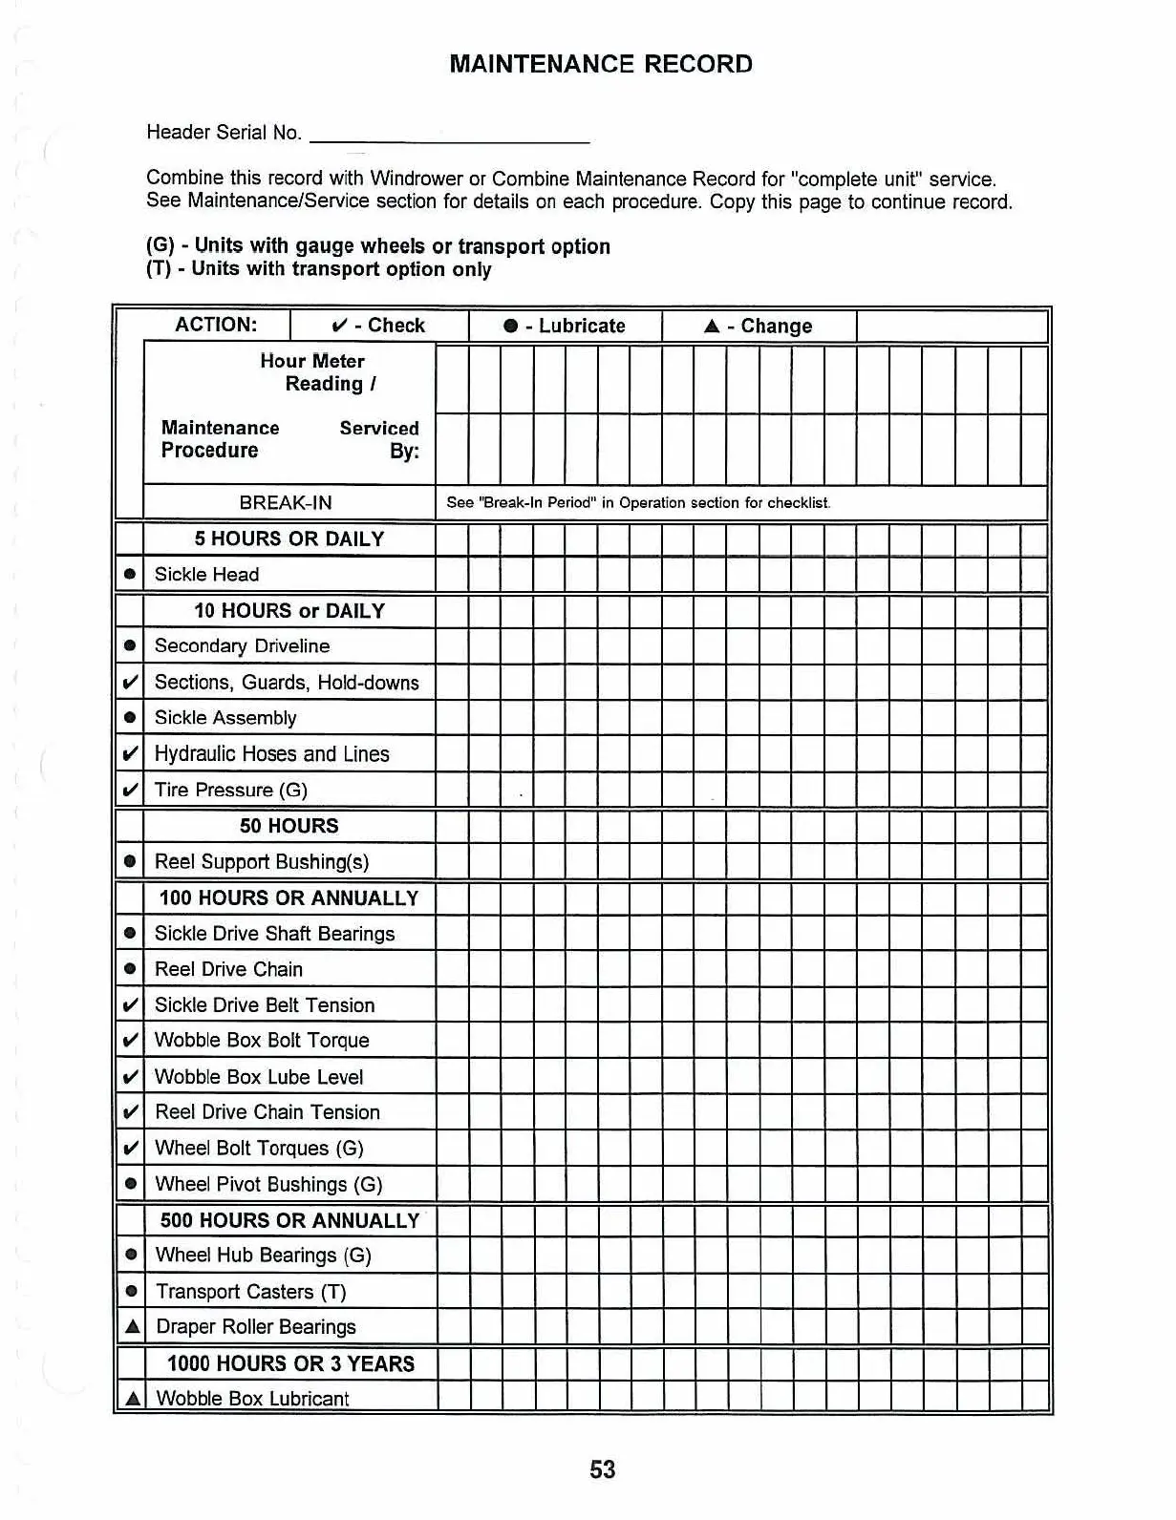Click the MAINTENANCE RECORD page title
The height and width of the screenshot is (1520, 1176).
[600, 64]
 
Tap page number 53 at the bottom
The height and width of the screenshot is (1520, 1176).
[602, 1469]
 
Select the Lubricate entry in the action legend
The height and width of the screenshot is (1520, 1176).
[565, 326]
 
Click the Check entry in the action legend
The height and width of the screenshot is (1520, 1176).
[378, 326]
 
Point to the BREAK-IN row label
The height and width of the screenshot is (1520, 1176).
[286, 503]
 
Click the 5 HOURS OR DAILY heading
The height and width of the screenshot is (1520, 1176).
[289, 539]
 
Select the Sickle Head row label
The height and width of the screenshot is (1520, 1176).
[206, 575]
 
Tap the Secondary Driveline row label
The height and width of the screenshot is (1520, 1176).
[242, 646]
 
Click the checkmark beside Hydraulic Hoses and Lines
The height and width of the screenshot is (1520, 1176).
[130, 754]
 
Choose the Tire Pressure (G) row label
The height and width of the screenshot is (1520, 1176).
[230, 791]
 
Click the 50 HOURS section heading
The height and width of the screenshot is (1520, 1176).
[289, 827]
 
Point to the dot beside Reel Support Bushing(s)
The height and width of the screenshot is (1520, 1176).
[130, 862]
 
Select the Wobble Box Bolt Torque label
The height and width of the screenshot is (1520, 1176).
[262, 1041]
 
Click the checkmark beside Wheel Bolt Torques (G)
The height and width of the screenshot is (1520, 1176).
[130, 1149]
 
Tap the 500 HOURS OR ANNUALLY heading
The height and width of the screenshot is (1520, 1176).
[289, 1221]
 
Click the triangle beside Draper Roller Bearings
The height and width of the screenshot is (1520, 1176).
[132, 1327]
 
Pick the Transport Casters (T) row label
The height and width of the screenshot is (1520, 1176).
[250, 1292]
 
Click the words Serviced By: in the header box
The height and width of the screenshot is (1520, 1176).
[380, 440]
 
